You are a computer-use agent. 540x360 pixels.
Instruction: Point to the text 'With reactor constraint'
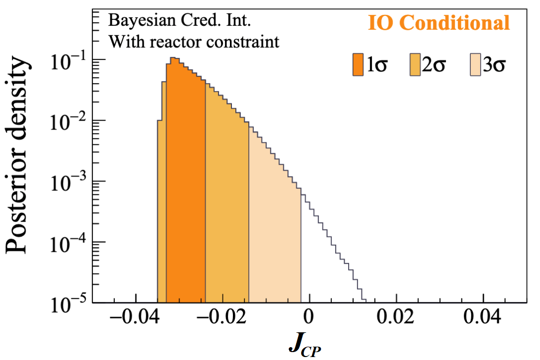click(194, 42)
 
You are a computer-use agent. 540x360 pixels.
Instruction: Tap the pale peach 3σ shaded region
click(274, 237)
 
